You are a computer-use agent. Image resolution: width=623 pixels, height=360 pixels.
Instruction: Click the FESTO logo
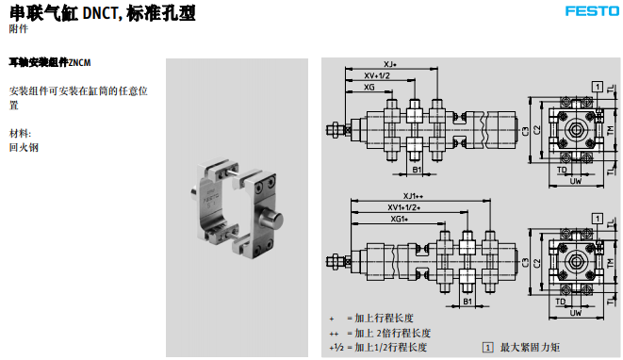click(x=590, y=11)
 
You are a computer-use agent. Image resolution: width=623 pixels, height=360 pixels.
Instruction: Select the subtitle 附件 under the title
click(x=18, y=29)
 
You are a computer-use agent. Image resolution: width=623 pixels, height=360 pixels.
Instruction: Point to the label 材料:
click(x=21, y=133)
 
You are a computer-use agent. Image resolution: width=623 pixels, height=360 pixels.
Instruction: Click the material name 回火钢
click(x=25, y=147)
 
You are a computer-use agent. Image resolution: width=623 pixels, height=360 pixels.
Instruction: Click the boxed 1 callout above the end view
click(x=597, y=86)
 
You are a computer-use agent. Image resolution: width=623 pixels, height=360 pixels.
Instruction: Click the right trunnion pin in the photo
click(x=274, y=222)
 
